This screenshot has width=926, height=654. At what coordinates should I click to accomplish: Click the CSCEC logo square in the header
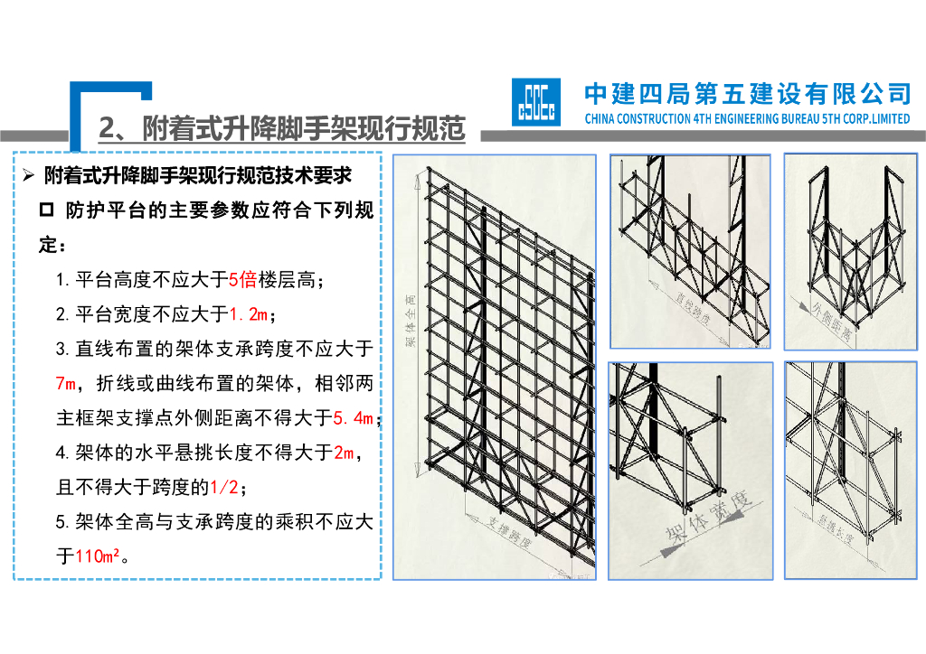click(535, 100)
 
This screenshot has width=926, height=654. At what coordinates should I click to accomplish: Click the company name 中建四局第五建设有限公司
click(747, 93)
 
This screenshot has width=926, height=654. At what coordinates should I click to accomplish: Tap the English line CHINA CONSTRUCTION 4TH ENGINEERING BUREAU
click(747, 118)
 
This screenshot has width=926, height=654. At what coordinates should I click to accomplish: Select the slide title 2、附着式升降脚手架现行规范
click(281, 129)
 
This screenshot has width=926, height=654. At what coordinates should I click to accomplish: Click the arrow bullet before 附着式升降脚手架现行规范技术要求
click(27, 174)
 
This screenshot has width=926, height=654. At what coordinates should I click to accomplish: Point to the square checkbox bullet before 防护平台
click(47, 210)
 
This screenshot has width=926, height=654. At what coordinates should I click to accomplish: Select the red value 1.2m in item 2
click(249, 315)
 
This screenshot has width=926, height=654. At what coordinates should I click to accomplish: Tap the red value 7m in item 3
click(66, 384)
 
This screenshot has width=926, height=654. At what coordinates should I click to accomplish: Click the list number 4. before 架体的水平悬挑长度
click(63, 453)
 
